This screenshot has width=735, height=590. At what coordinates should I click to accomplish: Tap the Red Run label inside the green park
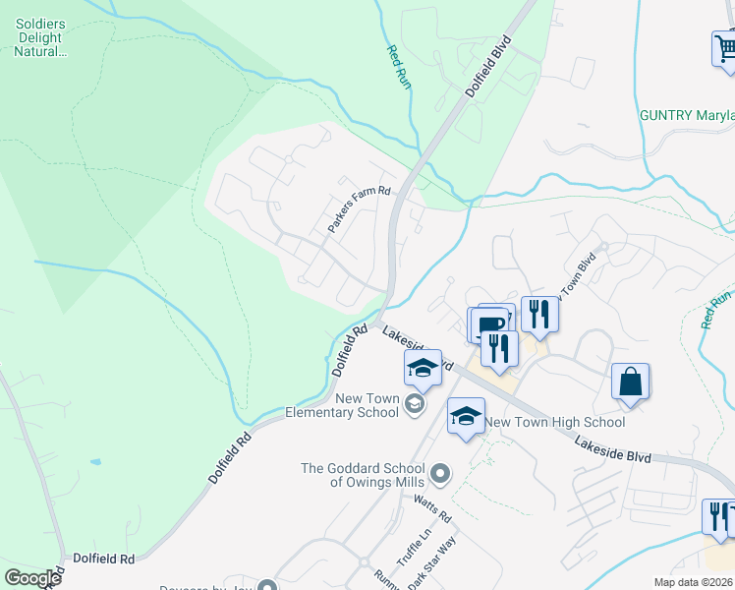[x=398, y=68]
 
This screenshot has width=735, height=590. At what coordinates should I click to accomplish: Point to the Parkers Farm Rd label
[x=359, y=209]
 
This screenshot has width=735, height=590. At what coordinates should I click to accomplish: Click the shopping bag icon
[x=630, y=382]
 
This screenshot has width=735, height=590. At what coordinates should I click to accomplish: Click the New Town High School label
[x=555, y=422]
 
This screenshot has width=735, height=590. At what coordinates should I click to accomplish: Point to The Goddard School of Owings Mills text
[x=363, y=475]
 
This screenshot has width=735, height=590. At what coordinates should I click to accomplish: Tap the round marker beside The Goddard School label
[x=440, y=475]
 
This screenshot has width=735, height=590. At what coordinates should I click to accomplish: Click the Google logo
[x=32, y=577]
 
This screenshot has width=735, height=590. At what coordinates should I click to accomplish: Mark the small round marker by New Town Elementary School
[x=417, y=404]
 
